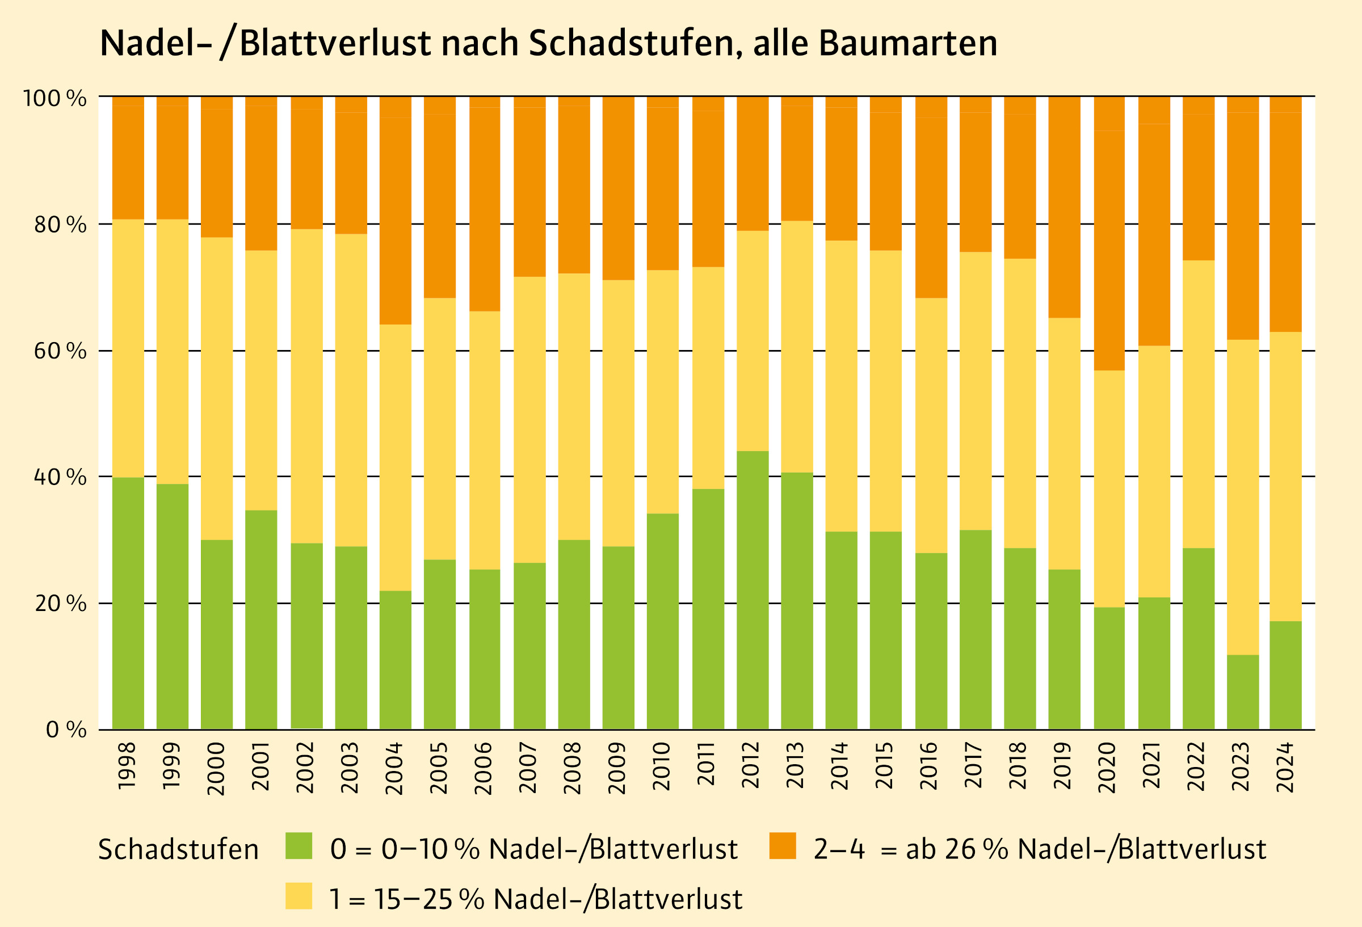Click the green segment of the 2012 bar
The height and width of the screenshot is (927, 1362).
pyautogui.click(x=753, y=590)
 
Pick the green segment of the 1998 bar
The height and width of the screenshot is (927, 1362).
pyautogui.click(x=128, y=604)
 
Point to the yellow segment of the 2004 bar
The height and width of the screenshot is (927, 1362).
pyautogui.click(x=396, y=458)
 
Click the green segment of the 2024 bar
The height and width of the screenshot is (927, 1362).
pyautogui.click(x=1286, y=675)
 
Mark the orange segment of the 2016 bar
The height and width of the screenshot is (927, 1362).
pyautogui.click(x=931, y=208)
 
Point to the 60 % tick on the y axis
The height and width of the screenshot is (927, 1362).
pyautogui.click(x=60, y=351)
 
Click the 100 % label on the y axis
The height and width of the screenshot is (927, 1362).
pyautogui.click(x=54, y=98)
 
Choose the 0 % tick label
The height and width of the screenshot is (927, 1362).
pyautogui.click(x=66, y=730)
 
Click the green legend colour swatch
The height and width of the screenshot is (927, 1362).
pyautogui.click(x=299, y=846)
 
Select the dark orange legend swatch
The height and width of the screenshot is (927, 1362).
pyautogui.click(x=783, y=846)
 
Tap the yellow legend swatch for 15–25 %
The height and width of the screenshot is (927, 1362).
pyautogui.click(x=299, y=896)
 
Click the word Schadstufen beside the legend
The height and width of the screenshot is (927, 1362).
pyautogui.click(x=178, y=850)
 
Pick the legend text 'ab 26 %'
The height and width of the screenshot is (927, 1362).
pyautogui.click(x=956, y=849)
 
